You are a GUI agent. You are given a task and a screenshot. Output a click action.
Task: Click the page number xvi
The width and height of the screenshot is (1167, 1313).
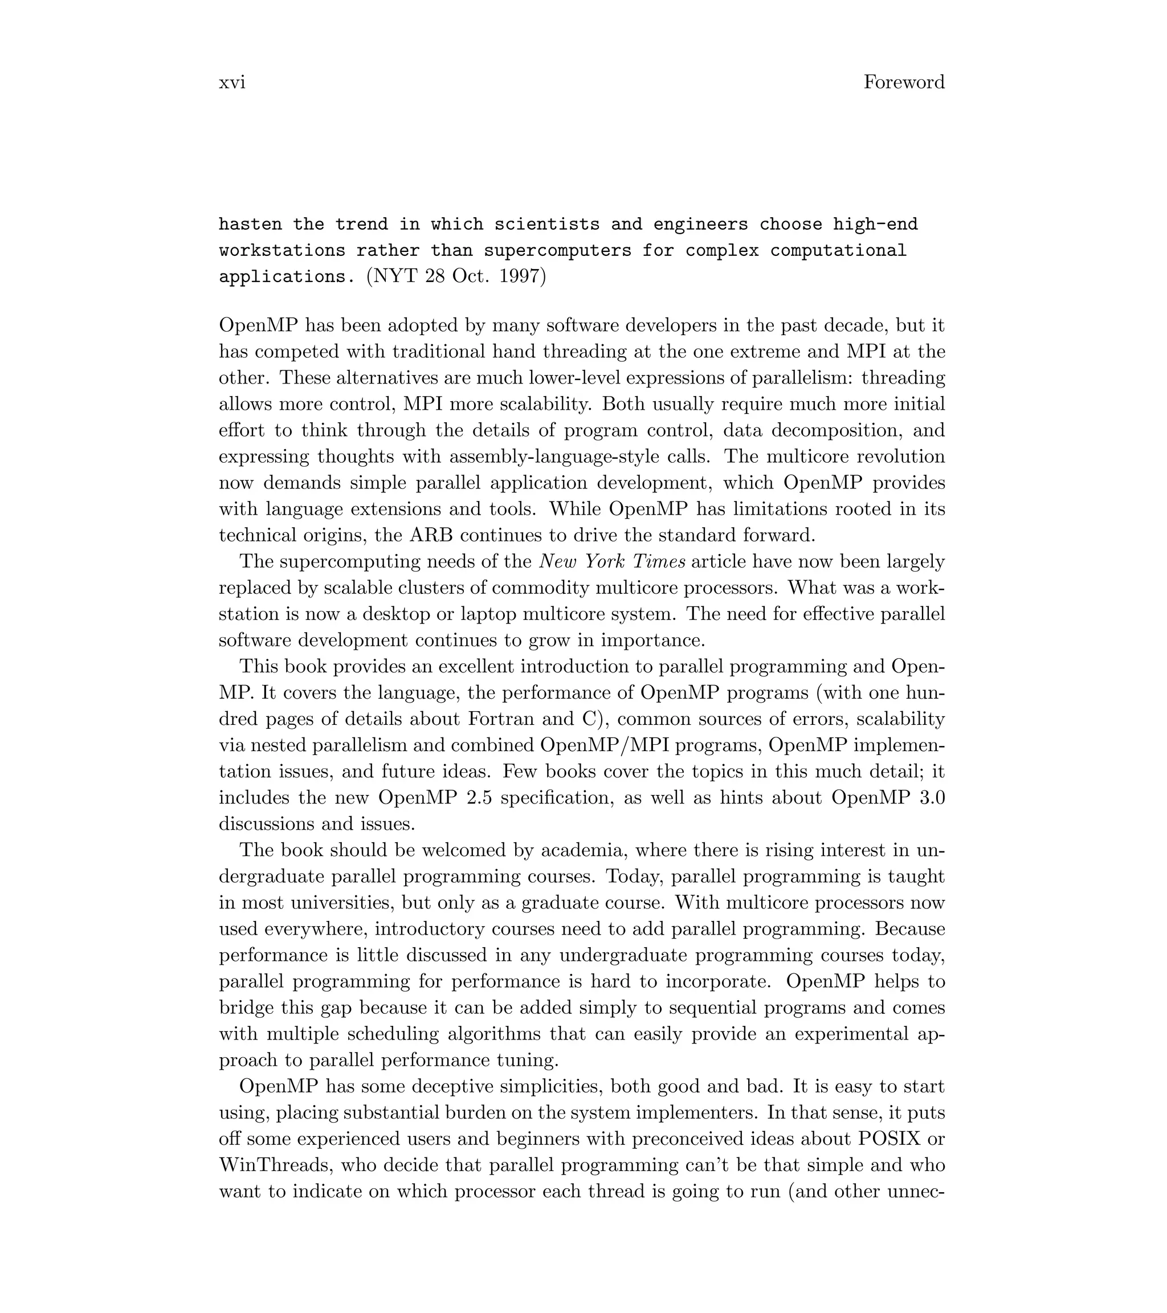point(232,82)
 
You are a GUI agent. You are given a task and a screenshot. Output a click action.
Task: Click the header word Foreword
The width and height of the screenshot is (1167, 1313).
point(903,82)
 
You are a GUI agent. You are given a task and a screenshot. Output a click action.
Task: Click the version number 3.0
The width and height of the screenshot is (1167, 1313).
point(931,798)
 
